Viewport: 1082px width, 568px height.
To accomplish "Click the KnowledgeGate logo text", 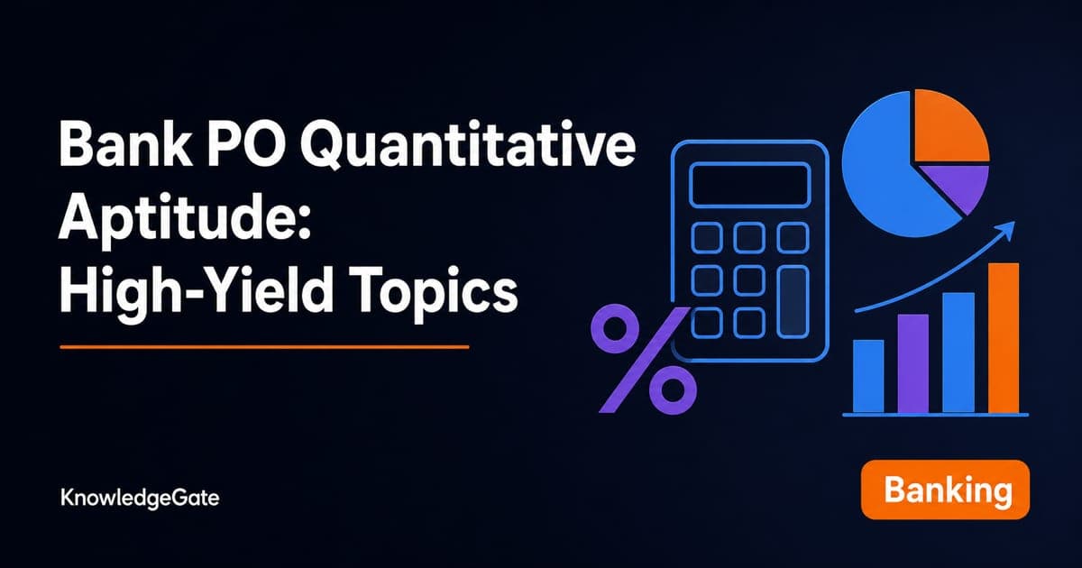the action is tap(140, 498).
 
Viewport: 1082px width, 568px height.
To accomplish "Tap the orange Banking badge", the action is tap(945, 490).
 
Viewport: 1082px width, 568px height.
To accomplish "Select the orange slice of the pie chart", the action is tap(949, 125).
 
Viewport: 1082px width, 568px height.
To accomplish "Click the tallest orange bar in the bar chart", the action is tap(1004, 338).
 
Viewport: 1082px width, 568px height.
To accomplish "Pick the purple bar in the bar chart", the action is tap(912, 363).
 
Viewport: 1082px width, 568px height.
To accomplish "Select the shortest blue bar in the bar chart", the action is tap(868, 377).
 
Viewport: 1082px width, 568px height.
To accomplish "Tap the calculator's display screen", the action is tap(749, 186).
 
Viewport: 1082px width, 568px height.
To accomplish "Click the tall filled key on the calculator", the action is tap(793, 301).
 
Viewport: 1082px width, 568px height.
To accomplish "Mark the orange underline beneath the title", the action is tap(264, 347).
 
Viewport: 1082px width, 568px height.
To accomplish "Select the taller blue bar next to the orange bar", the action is tap(958, 353).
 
